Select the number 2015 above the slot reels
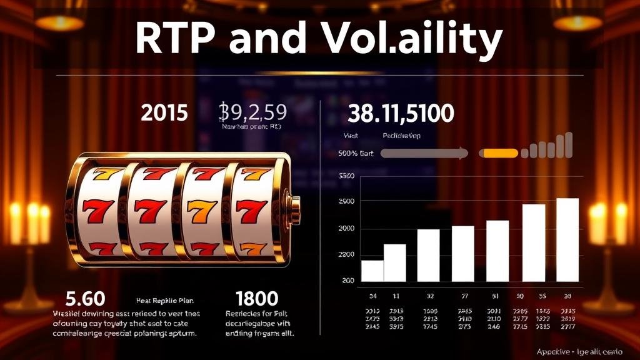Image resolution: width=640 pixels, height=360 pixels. click(164, 113)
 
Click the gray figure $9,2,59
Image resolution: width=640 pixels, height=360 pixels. click(253, 112)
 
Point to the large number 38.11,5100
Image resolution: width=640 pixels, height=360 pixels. click(400, 113)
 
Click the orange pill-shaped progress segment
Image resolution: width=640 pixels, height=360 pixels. click(498, 152)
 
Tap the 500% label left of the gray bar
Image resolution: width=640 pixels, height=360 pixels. click(346, 152)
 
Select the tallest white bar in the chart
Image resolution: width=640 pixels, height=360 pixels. click(567, 240)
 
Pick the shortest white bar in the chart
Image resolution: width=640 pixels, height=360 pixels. click(372, 271)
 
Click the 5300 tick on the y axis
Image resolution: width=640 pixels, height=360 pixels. click(346, 176)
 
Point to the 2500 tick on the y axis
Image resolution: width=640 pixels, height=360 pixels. click(346, 201)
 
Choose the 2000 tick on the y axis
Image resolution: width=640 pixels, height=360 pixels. click(346, 229)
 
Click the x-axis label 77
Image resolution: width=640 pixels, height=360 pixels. click(464, 296)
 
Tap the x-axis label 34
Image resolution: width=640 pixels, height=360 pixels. click(373, 296)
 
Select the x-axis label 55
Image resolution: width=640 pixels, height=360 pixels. click(542, 296)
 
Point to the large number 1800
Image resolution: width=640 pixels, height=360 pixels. click(257, 298)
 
